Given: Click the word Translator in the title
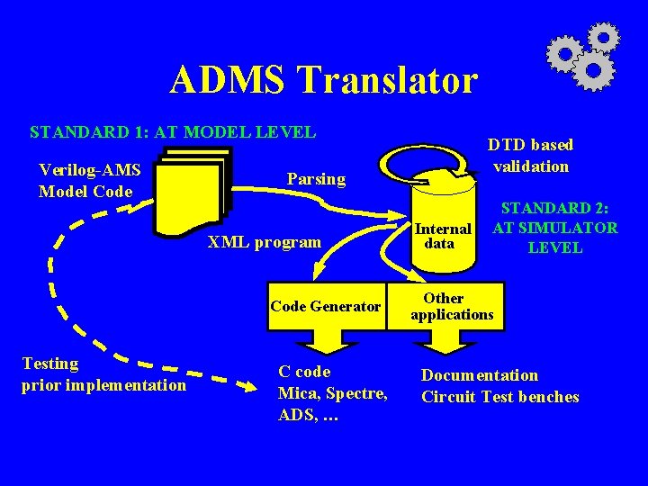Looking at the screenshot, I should [x=390, y=80].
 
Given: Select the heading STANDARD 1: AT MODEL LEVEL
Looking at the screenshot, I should [x=173, y=132].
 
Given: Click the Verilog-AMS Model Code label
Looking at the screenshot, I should [x=90, y=180].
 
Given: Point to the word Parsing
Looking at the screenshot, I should [x=316, y=178].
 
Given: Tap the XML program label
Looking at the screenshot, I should [x=265, y=241].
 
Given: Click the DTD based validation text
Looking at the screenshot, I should [x=530, y=155].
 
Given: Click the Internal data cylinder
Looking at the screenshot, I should [x=441, y=225].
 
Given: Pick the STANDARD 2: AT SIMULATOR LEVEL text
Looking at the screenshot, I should [x=554, y=228].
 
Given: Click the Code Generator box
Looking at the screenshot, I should [x=325, y=306].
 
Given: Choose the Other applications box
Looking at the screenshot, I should [x=451, y=306].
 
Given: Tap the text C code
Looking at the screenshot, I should [x=305, y=372].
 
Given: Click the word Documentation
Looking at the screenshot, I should [x=480, y=375].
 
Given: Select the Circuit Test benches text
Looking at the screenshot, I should [x=499, y=397].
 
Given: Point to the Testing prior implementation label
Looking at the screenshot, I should [x=103, y=374].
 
